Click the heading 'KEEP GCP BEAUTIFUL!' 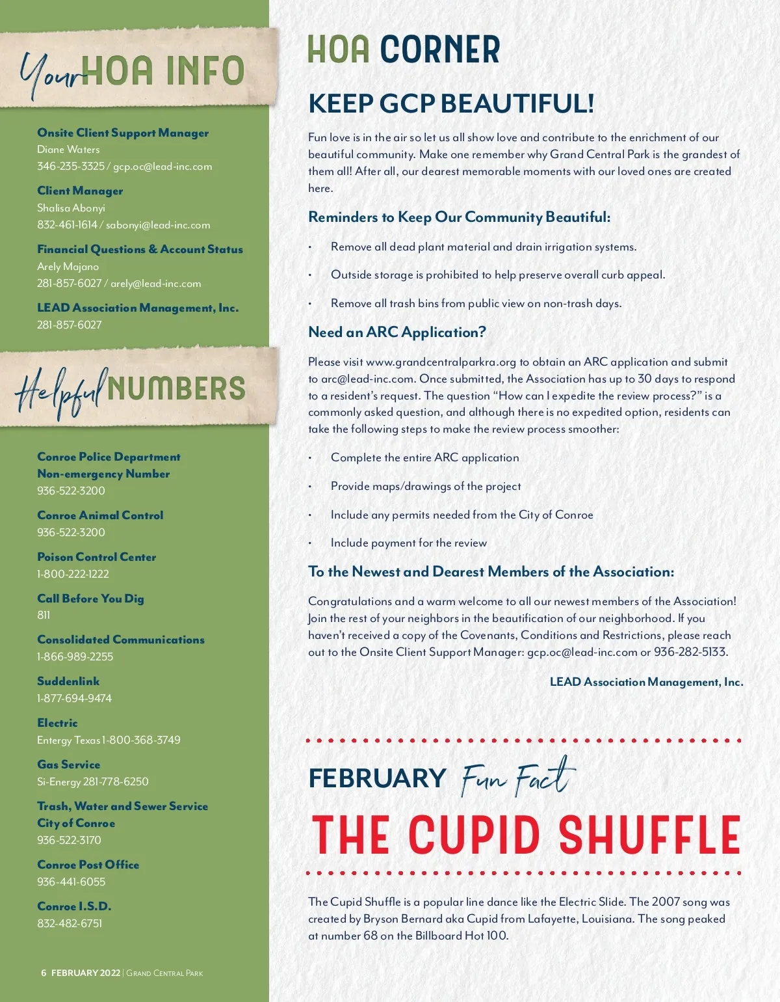pyautogui.click(x=451, y=103)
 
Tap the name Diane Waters pyautogui.click(x=68, y=149)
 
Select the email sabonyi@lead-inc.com pyautogui.click(x=158, y=224)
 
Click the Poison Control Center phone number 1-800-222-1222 pyautogui.click(x=73, y=574)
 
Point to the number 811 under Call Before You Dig pyautogui.click(x=44, y=615)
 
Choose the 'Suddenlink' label pyautogui.click(x=68, y=681)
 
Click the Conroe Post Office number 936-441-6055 pyautogui.click(x=71, y=882)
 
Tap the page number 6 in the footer pyautogui.click(x=44, y=973)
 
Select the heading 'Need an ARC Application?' pyautogui.click(x=397, y=332)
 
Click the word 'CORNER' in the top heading pyautogui.click(x=440, y=49)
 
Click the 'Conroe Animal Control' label pyautogui.click(x=100, y=515)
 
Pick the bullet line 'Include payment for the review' pyautogui.click(x=408, y=543)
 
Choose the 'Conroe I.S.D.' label pyautogui.click(x=74, y=906)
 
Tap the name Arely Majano pyautogui.click(x=68, y=266)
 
